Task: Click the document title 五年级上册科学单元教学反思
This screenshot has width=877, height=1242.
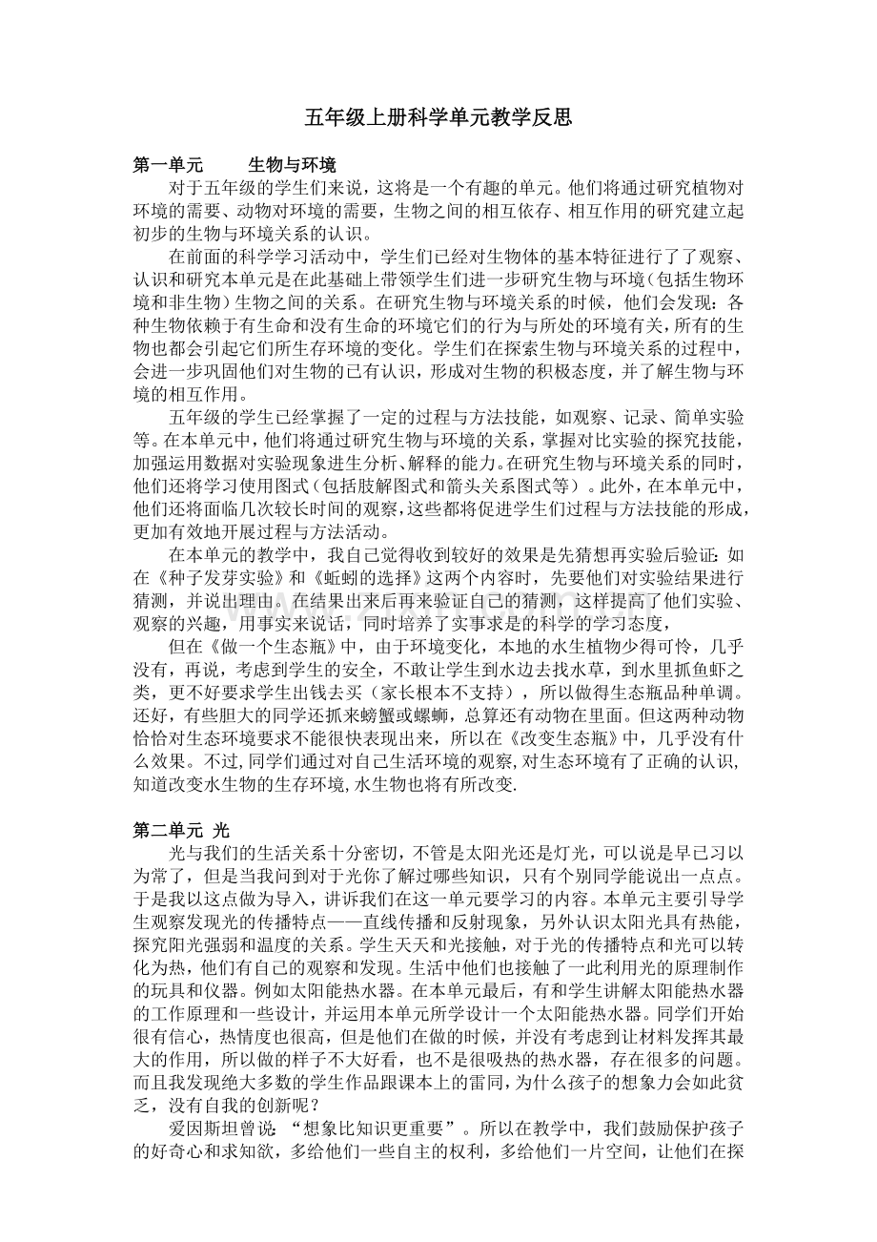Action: tap(438, 118)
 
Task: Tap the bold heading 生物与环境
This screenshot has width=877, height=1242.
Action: tap(291, 165)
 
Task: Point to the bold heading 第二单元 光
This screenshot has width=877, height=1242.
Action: tap(181, 830)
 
